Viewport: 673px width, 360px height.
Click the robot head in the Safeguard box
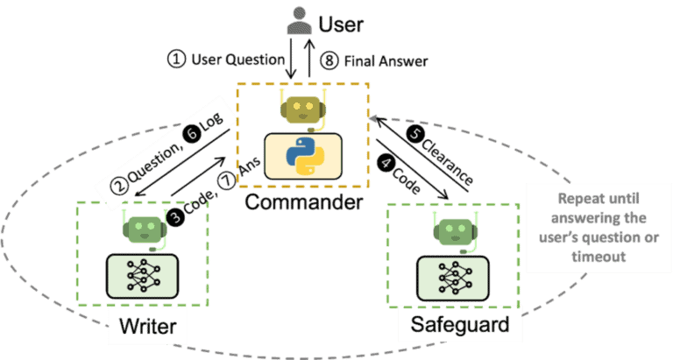pyautogui.click(x=455, y=230)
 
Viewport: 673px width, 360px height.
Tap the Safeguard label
pyautogui.click(x=454, y=328)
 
